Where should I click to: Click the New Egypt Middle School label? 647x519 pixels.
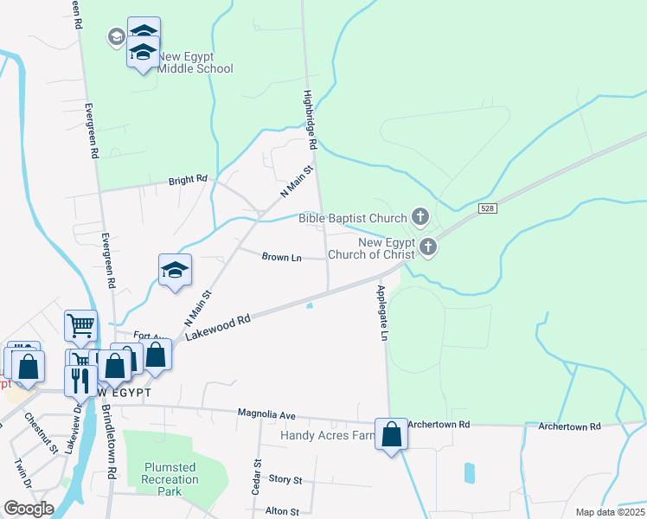[x=195, y=62]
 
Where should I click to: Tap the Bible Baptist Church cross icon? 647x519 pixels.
[x=420, y=217]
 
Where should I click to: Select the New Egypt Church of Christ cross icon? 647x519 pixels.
[x=427, y=248]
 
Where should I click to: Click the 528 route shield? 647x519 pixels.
[x=486, y=208]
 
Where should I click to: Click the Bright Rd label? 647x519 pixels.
[x=189, y=179]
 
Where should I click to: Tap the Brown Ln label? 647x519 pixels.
[x=281, y=257]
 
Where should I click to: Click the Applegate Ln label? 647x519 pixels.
[x=381, y=311]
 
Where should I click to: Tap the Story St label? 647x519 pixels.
[x=285, y=479]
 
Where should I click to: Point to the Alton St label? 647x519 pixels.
[x=283, y=511]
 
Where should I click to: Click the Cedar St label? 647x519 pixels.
[x=257, y=476]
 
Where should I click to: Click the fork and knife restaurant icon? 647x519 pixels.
[x=80, y=380]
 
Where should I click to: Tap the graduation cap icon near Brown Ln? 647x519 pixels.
[x=175, y=270]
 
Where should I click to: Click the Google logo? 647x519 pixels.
[x=29, y=509]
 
